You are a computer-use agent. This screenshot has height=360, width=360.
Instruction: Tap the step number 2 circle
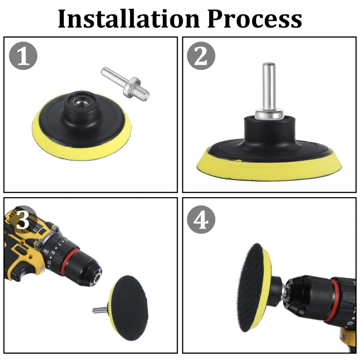[201, 56]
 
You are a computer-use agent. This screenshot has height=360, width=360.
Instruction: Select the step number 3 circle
[23, 220]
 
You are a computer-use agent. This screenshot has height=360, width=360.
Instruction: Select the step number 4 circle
[201, 220]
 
